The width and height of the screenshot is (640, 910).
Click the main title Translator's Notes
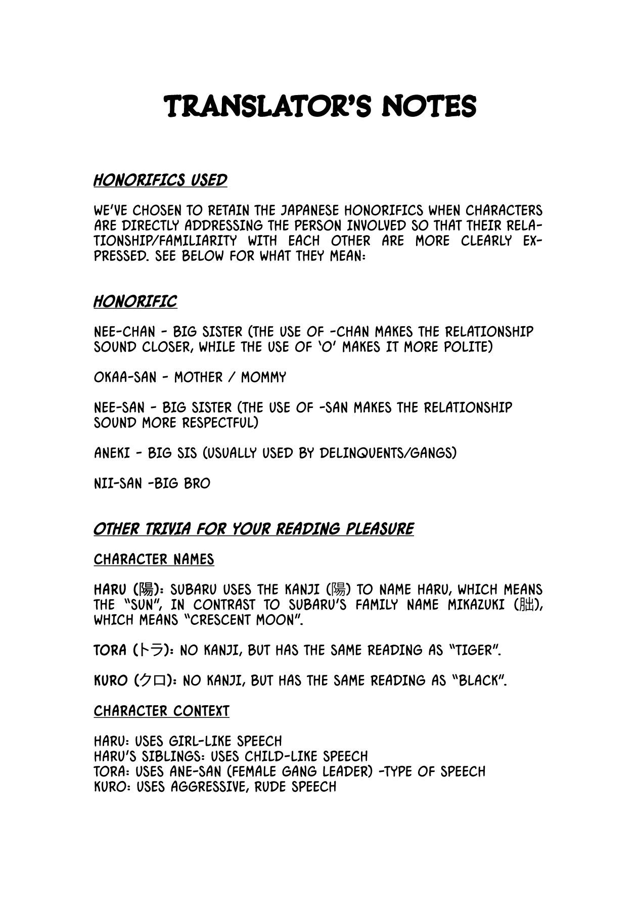321,106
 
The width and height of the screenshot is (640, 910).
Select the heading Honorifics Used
160,180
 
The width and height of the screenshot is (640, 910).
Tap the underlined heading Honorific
135,302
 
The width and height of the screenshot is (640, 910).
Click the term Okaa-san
125,377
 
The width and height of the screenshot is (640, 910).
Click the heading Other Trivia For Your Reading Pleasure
253,529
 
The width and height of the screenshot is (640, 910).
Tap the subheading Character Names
154,559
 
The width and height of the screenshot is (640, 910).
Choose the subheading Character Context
161,711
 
